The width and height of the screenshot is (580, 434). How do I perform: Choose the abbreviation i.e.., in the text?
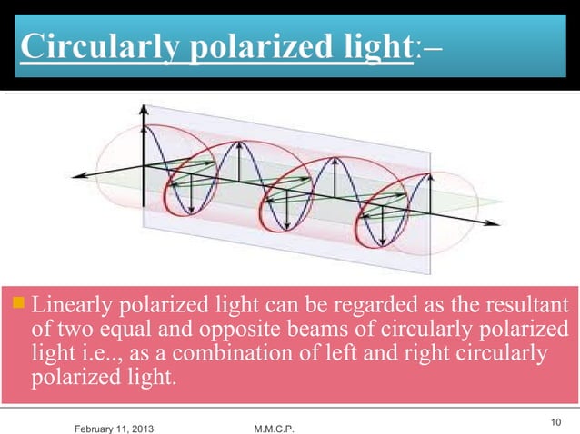click(x=95, y=352)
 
